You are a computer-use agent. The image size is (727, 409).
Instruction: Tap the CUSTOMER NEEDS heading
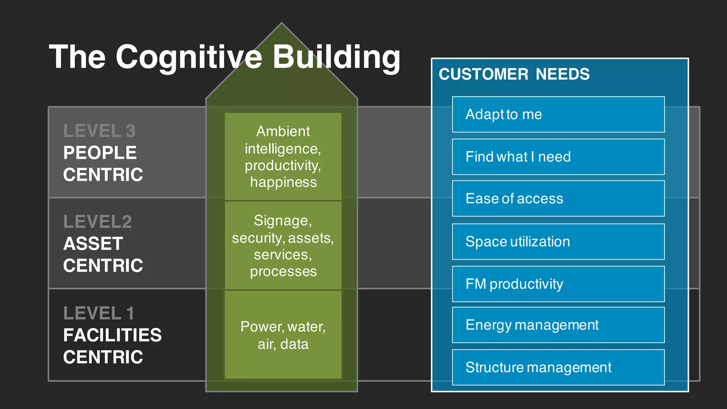pyautogui.click(x=514, y=75)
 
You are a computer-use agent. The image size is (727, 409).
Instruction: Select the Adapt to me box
pyautogui.click(x=558, y=114)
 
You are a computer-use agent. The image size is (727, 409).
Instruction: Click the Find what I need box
pyautogui.click(x=558, y=157)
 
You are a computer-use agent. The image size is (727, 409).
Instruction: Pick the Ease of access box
pyautogui.click(x=558, y=198)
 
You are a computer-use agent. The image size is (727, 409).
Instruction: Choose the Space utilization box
pyautogui.click(x=558, y=241)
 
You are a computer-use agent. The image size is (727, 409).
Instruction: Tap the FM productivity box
pyautogui.click(x=558, y=284)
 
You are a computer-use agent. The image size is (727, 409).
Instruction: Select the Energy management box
pyautogui.click(x=558, y=325)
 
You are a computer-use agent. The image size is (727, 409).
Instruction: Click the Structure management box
pyautogui.click(x=558, y=367)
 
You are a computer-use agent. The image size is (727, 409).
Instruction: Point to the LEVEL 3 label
pyautogui.click(x=99, y=131)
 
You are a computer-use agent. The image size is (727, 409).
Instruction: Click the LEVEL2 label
pyautogui.click(x=98, y=222)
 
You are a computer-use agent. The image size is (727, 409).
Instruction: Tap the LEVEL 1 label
pyautogui.click(x=99, y=313)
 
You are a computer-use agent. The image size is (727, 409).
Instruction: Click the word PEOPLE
pyautogui.click(x=100, y=153)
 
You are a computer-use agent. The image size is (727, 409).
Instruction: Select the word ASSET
pyautogui.click(x=93, y=244)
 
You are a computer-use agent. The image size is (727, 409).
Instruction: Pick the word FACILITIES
pyautogui.click(x=112, y=335)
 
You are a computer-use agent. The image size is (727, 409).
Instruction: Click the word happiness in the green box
pyautogui.click(x=283, y=182)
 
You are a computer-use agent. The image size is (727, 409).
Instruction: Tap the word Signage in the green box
pyautogui.click(x=282, y=221)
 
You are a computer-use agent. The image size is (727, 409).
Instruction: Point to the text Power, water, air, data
pyautogui.click(x=283, y=335)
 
